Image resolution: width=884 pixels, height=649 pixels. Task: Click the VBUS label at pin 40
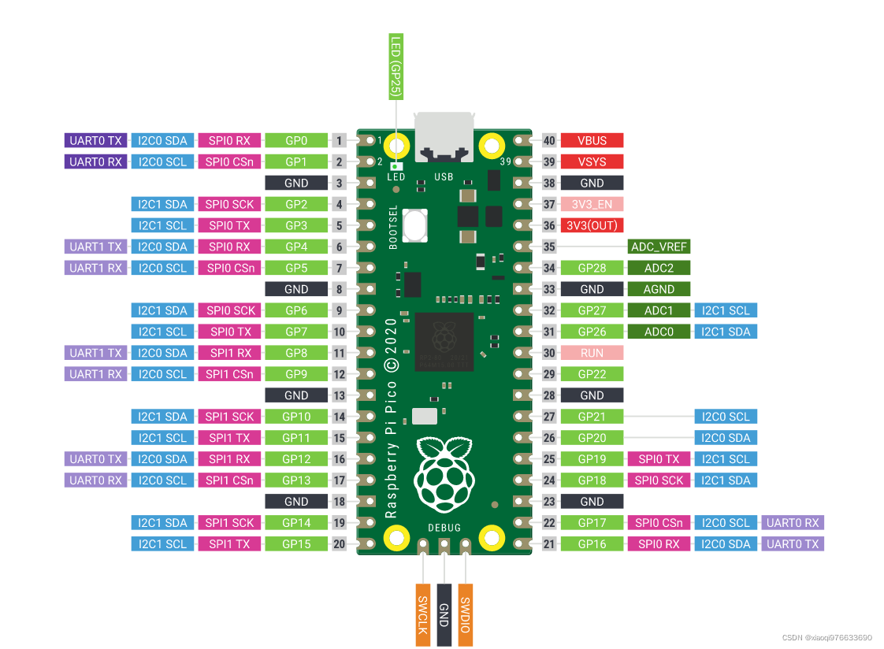point(592,140)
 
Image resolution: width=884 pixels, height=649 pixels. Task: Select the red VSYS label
point(592,161)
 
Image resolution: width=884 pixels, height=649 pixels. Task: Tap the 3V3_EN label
point(592,204)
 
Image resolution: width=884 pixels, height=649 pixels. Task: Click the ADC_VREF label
point(659,247)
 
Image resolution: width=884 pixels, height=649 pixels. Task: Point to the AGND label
point(659,289)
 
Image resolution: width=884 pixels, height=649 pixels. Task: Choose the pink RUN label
point(592,353)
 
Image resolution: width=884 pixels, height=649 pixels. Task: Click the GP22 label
point(592,374)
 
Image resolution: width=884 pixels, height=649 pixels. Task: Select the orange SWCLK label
point(423,614)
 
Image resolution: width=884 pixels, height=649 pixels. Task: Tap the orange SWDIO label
point(466,614)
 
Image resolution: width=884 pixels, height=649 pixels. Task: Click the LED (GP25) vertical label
point(396,67)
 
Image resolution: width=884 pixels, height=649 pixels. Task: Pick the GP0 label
point(295,140)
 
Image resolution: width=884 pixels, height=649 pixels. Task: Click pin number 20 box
point(340,543)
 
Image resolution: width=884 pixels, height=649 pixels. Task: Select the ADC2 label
point(659,268)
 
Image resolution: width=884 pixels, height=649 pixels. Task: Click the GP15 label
point(295,543)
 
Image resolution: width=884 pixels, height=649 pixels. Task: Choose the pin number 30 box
point(549,353)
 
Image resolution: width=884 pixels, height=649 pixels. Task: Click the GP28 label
point(592,268)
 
